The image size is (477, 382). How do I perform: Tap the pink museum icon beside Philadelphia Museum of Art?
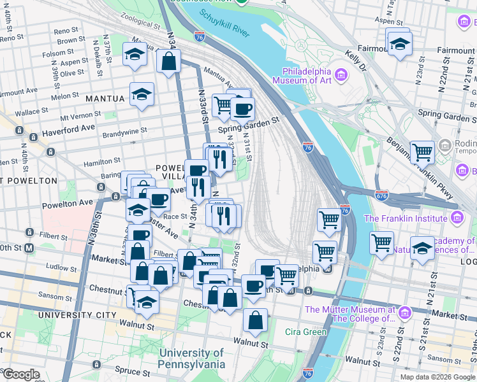(x=341, y=76)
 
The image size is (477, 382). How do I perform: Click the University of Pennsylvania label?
(x=192, y=358)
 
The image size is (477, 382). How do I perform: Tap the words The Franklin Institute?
(x=405, y=218)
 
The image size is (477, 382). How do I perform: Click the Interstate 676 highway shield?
(x=382, y=194)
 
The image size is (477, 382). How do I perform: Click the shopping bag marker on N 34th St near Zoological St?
(x=168, y=62)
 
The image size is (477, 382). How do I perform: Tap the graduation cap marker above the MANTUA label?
(x=142, y=95)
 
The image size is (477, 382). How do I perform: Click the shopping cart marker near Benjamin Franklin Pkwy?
(x=422, y=152)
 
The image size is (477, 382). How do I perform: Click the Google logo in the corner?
(x=21, y=375)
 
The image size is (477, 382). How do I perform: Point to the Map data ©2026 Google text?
(x=437, y=377)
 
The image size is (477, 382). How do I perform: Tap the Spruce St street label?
(x=133, y=369)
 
